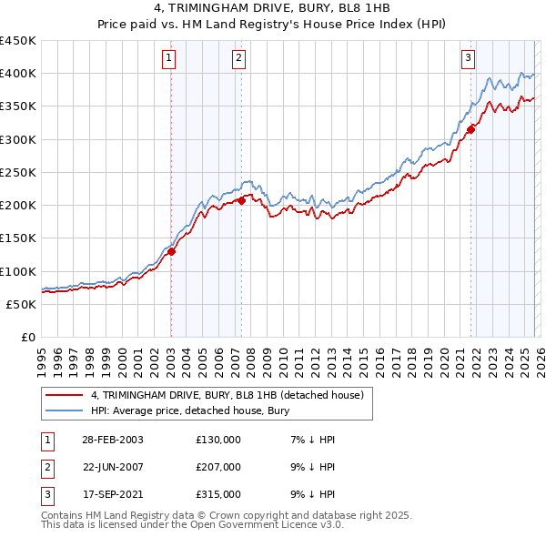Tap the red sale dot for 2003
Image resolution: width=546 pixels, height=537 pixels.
[171, 252]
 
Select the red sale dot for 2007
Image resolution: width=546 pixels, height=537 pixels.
[241, 201]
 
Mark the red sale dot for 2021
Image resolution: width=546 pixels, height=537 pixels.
[471, 129]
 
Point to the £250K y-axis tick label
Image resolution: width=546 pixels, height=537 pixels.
[18, 172]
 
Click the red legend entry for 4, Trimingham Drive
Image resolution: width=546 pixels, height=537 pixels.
[227, 395]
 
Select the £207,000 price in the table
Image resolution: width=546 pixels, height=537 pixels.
[218, 467]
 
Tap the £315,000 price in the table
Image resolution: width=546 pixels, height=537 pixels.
[218, 494]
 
